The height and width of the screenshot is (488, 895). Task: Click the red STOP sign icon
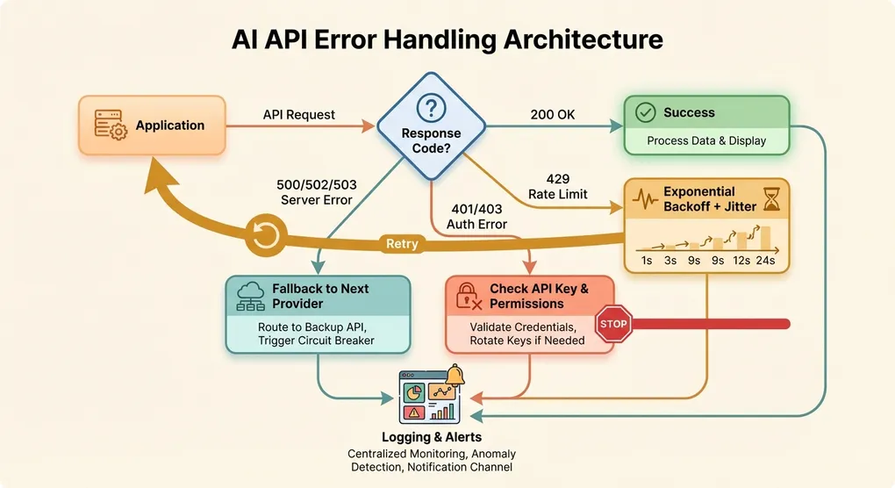(614, 323)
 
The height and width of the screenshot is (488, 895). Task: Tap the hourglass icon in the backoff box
(771, 200)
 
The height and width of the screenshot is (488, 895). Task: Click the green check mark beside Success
(645, 112)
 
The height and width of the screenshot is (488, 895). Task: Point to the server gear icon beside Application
(109, 126)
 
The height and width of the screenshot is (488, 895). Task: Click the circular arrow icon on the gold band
(265, 235)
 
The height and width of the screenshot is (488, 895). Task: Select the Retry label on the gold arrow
(401, 244)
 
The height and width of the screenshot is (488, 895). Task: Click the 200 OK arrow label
(553, 115)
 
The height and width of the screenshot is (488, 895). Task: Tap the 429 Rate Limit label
(557, 186)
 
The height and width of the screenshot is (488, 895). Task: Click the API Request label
(298, 115)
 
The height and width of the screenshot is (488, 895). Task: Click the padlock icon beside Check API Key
(468, 297)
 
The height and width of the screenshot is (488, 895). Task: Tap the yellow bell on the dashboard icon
(455, 377)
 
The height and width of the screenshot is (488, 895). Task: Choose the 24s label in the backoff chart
(764, 261)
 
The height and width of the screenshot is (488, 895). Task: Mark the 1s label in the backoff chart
(646, 261)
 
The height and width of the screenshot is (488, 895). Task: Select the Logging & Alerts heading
(431, 437)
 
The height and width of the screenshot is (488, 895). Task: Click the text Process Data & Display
(705, 140)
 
